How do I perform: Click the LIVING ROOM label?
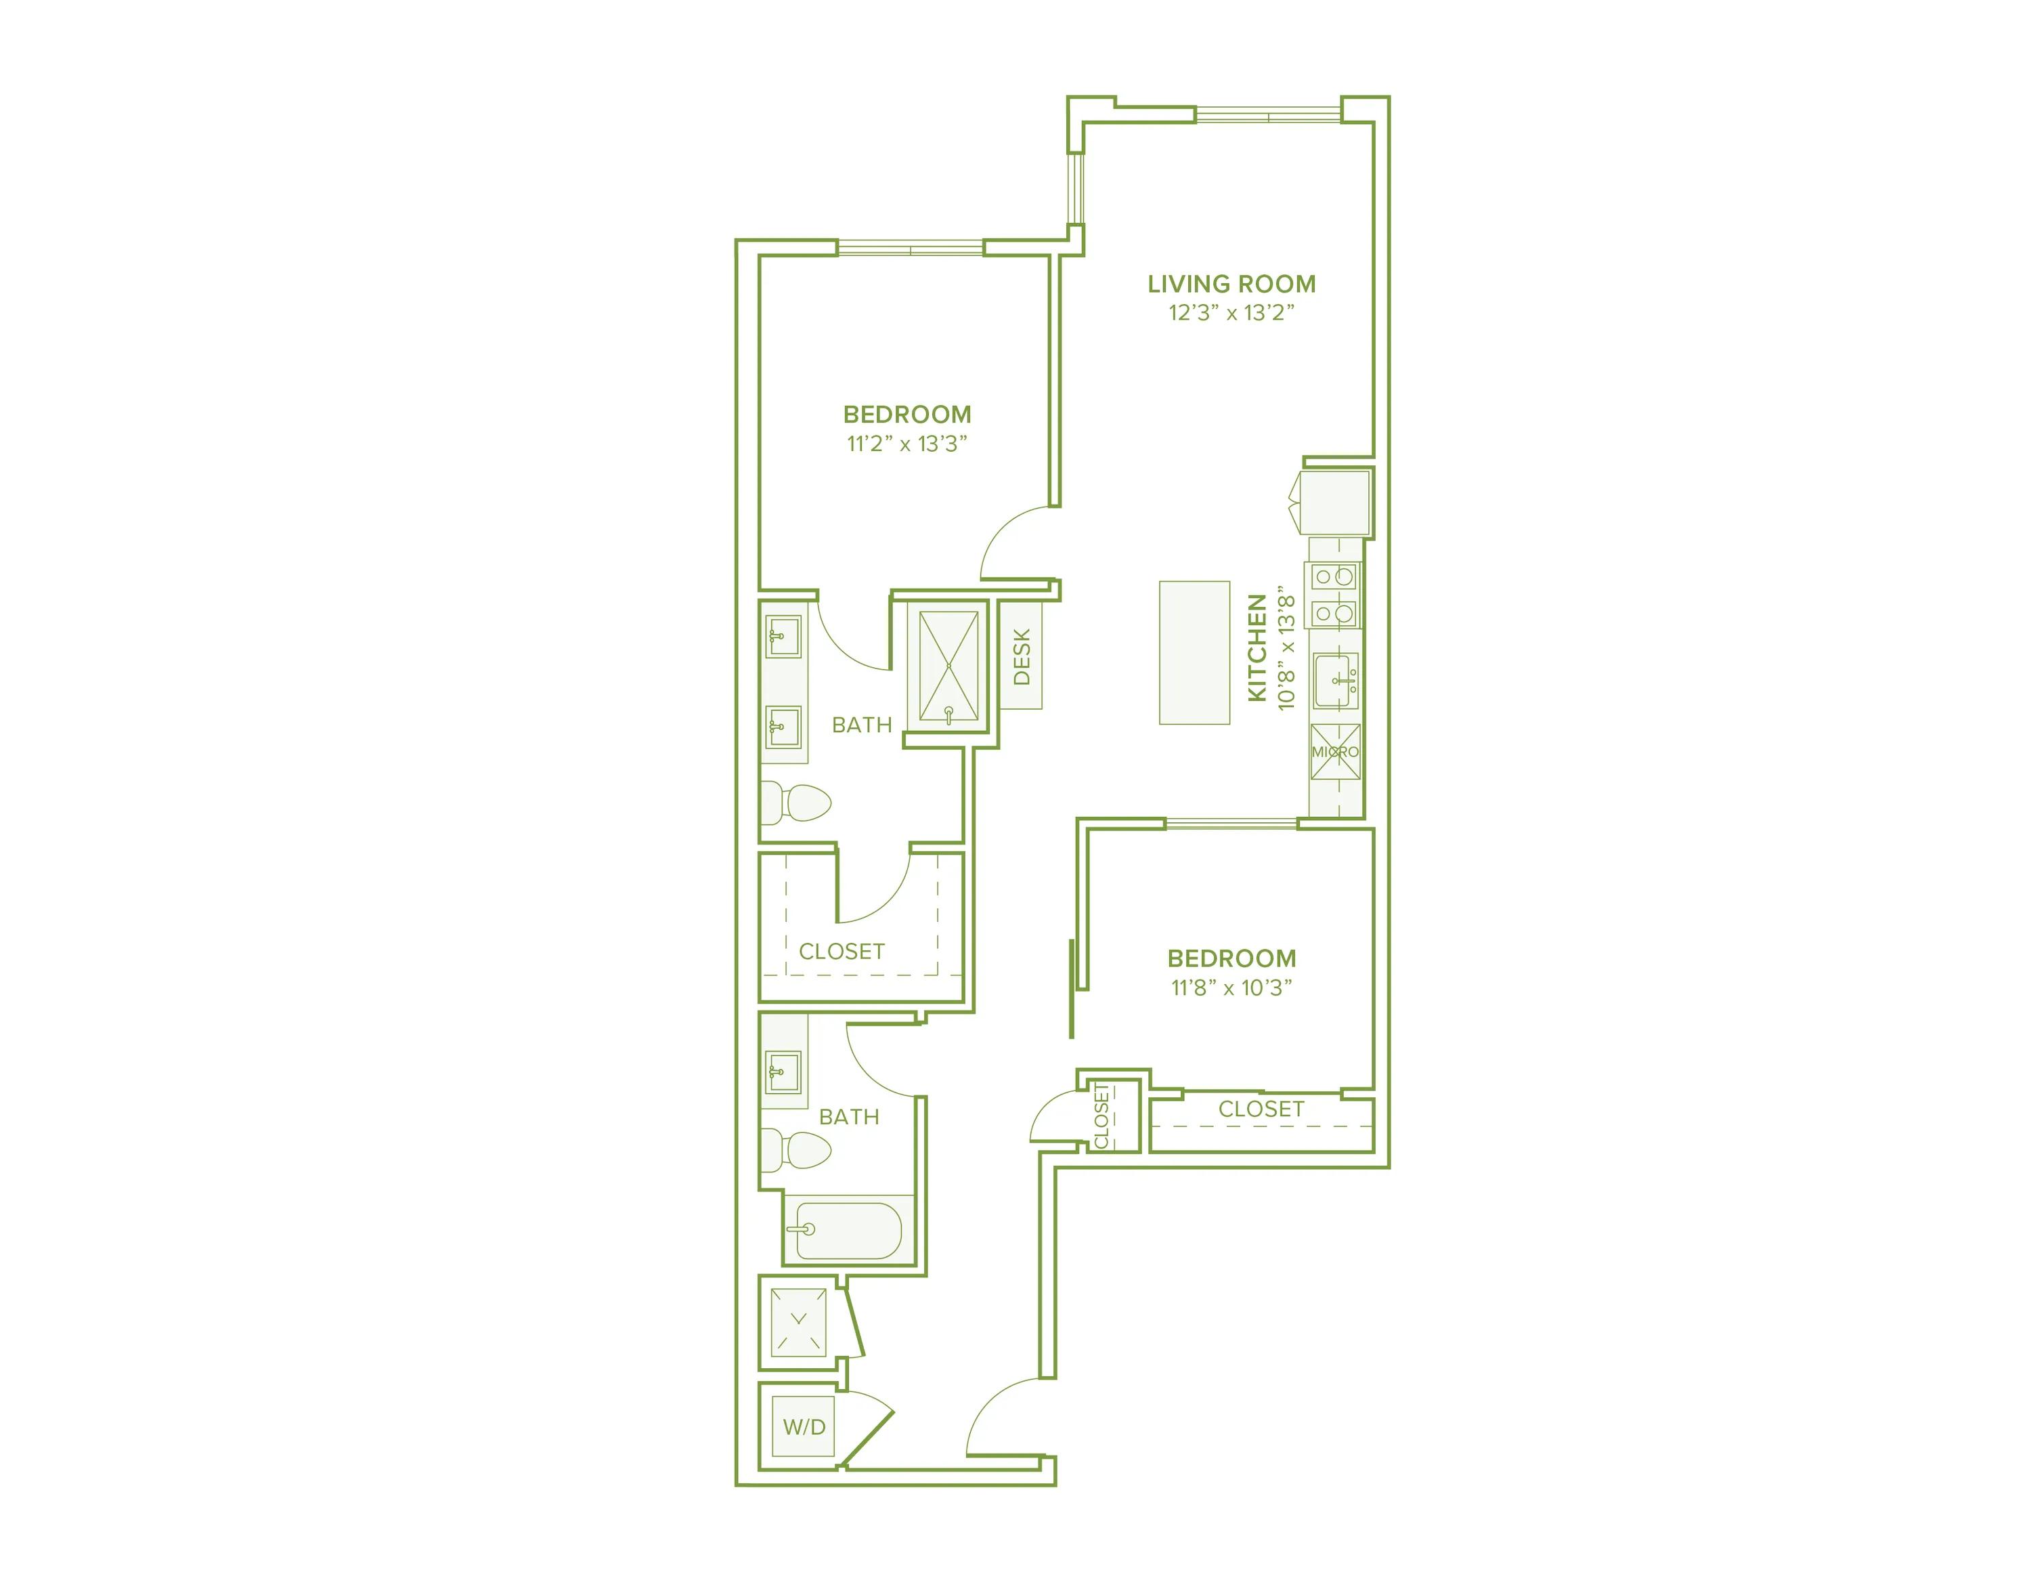point(1231,284)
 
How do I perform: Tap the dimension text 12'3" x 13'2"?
point(1231,314)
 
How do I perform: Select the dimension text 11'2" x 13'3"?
point(907,444)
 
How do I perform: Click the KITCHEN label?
point(1257,648)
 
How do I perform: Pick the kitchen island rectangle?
point(1194,652)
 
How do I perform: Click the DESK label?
point(1021,656)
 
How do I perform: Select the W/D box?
point(804,1427)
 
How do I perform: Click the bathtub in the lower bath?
point(848,1231)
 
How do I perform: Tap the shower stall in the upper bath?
point(948,666)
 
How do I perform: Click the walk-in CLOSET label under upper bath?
point(842,952)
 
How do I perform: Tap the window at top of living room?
point(1269,115)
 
